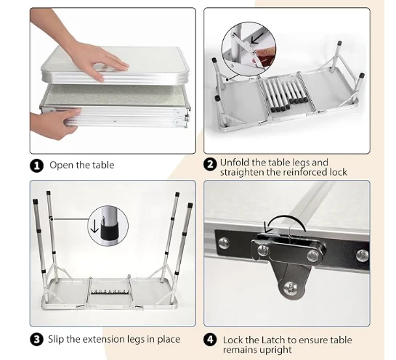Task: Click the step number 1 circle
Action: tap(37, 165)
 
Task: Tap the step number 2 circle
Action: tap(210, 165)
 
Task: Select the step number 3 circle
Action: tap(37, 339)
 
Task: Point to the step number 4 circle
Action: tap(210, 340)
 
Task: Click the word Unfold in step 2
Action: tap(235, 163)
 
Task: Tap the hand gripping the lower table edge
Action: tap(54, 123)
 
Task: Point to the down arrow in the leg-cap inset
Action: tap(94, 226)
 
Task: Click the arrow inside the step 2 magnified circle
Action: tap(256, 38)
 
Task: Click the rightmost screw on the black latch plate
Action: tap(363, 255)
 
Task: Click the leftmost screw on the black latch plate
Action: tap(224, 243)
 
